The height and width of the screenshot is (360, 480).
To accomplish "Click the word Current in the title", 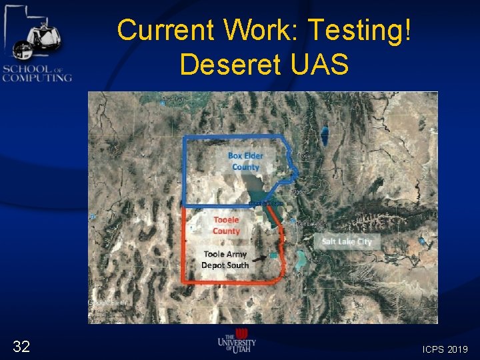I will tap(167, 30).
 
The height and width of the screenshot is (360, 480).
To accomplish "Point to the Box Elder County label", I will tap(245, 161).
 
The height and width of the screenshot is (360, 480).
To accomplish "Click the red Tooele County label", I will tap(226, 225).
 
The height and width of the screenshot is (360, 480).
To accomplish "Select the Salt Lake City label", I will tap(346, 241).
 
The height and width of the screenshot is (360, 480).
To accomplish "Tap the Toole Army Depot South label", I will tap(225, 259).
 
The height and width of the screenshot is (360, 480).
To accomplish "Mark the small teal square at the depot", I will tap(273, 255).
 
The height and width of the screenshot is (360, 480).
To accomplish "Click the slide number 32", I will tap(21, 346).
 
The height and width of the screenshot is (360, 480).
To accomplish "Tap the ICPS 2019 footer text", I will tap(445, 349).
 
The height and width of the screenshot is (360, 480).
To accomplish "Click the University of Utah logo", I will tap(237, 341).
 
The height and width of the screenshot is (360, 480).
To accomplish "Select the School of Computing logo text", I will tap(37, 73).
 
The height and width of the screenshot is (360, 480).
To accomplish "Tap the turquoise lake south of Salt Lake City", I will tap(301, 258).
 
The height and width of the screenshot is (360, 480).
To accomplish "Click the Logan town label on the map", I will tap(306, 155).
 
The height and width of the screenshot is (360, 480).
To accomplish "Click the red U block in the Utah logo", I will tap(241, 333).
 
